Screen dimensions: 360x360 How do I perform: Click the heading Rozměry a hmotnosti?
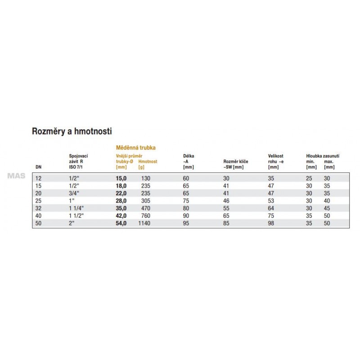click(x=72, y=131)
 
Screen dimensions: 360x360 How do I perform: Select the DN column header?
click(x=38, y=167)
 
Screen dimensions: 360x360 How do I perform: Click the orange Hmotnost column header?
click(x=148, y=161)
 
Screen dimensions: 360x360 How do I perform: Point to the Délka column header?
click(x=189, y=156)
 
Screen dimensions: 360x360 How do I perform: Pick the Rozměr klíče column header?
click(x=236, y=161)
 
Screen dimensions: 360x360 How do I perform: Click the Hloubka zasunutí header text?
click(x=323, y=156)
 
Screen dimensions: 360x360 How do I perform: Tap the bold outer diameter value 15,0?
click(x=121, y=179)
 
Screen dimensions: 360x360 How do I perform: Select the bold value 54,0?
click(x=121, y=223)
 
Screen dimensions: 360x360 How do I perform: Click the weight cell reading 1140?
click(x=144, y=223)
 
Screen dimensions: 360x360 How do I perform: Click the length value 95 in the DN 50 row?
click(x=186, y=223)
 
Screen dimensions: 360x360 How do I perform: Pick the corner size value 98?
click(x=271, y=223)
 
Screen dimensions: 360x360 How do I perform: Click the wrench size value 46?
click(x=226, y=201)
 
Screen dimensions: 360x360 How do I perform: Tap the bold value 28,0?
click(x=121, y=201)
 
